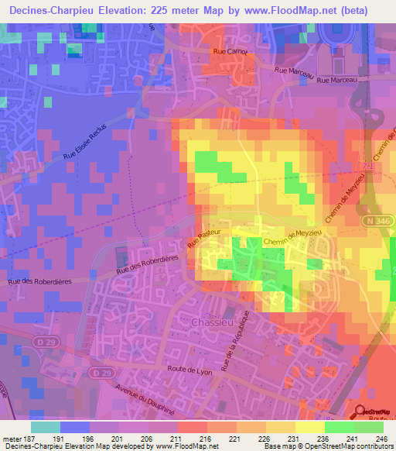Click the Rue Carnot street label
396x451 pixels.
228,53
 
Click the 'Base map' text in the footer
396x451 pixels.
281,446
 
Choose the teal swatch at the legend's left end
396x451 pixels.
46,427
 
